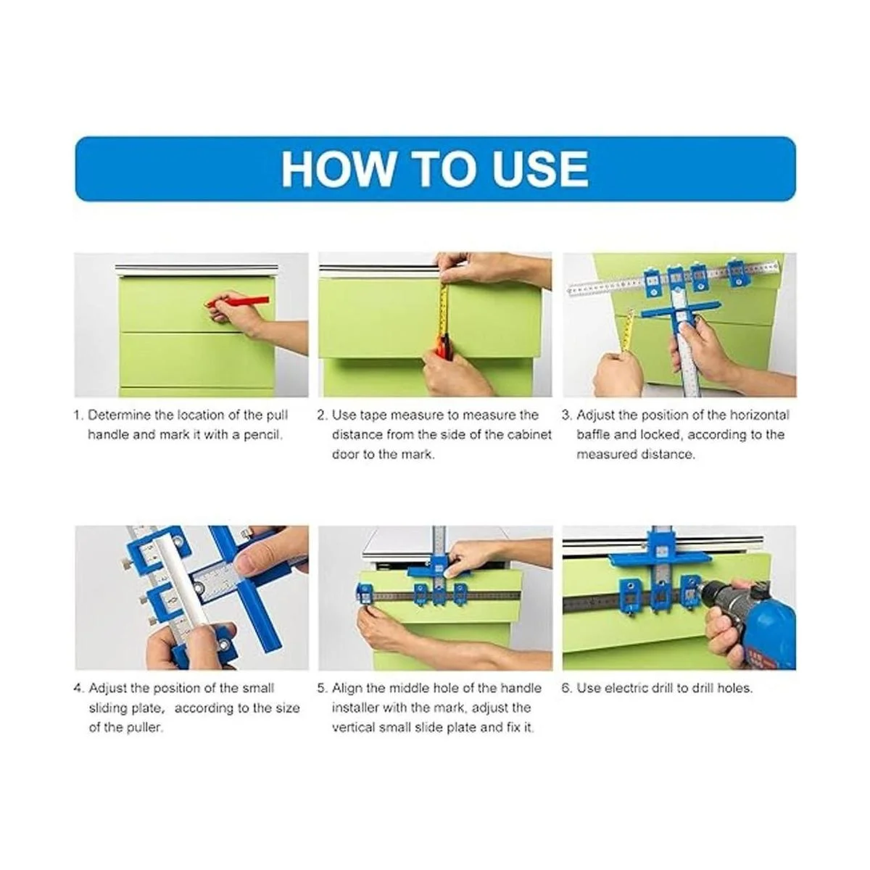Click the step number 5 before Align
click(x=322, y=688)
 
